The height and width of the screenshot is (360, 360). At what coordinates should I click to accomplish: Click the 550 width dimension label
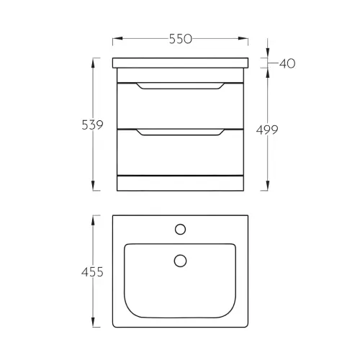[x=181, y=39]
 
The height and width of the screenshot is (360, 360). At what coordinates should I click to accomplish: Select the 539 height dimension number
[x=92, y=125]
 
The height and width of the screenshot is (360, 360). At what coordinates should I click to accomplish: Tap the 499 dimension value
[x=267, y=130]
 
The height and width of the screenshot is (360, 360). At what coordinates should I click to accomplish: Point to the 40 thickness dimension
[x=287, y=63]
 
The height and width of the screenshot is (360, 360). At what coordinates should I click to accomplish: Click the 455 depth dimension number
[x=92, y=272]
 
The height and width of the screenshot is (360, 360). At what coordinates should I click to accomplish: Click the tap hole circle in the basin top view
[x=180, y=229]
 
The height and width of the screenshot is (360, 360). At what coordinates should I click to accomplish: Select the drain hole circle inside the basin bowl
[x=180, y=261]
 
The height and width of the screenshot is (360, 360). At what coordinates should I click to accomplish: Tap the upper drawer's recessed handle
[x=181, y=86]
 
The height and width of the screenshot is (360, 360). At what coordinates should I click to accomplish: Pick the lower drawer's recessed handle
[x=181, y=132]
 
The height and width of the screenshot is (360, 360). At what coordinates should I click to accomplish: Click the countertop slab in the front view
[x=181, y=63]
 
